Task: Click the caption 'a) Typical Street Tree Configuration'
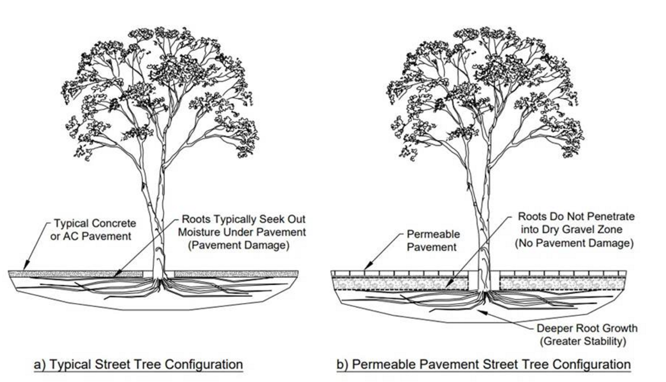138,364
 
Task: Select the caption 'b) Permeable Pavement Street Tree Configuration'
483,364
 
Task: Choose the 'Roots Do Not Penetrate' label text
576,217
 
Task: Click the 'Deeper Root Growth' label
587,328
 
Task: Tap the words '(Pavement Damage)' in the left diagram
239,245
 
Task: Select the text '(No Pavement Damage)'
574,243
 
